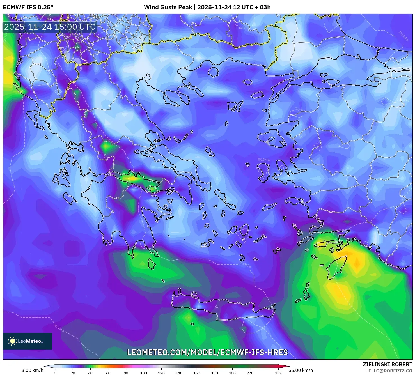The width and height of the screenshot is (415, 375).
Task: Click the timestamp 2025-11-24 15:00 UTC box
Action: click(50, 27)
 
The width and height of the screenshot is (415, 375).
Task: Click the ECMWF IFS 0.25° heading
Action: click(28, 7)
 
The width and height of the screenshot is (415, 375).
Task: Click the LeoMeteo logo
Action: click(27, 341)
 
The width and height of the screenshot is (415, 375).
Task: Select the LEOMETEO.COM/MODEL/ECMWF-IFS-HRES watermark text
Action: click(207, 352)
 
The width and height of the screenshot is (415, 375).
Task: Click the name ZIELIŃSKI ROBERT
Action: click(387, 364)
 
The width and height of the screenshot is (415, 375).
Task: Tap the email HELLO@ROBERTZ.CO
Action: click(388, 371)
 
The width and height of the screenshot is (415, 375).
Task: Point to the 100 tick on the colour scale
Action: click(143, 373)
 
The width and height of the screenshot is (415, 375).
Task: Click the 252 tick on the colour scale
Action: click(278, 373)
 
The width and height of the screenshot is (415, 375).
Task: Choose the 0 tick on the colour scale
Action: click(55, 373)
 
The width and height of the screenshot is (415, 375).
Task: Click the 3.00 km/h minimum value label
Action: click(32, 370)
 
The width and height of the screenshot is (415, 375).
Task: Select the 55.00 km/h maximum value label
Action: click(301, 370)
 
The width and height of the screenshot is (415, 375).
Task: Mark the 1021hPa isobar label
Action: click(59, 328)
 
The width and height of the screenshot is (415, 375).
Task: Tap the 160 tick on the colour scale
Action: click(197, 373)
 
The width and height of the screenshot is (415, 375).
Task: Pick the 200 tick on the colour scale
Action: click(232, 373)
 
